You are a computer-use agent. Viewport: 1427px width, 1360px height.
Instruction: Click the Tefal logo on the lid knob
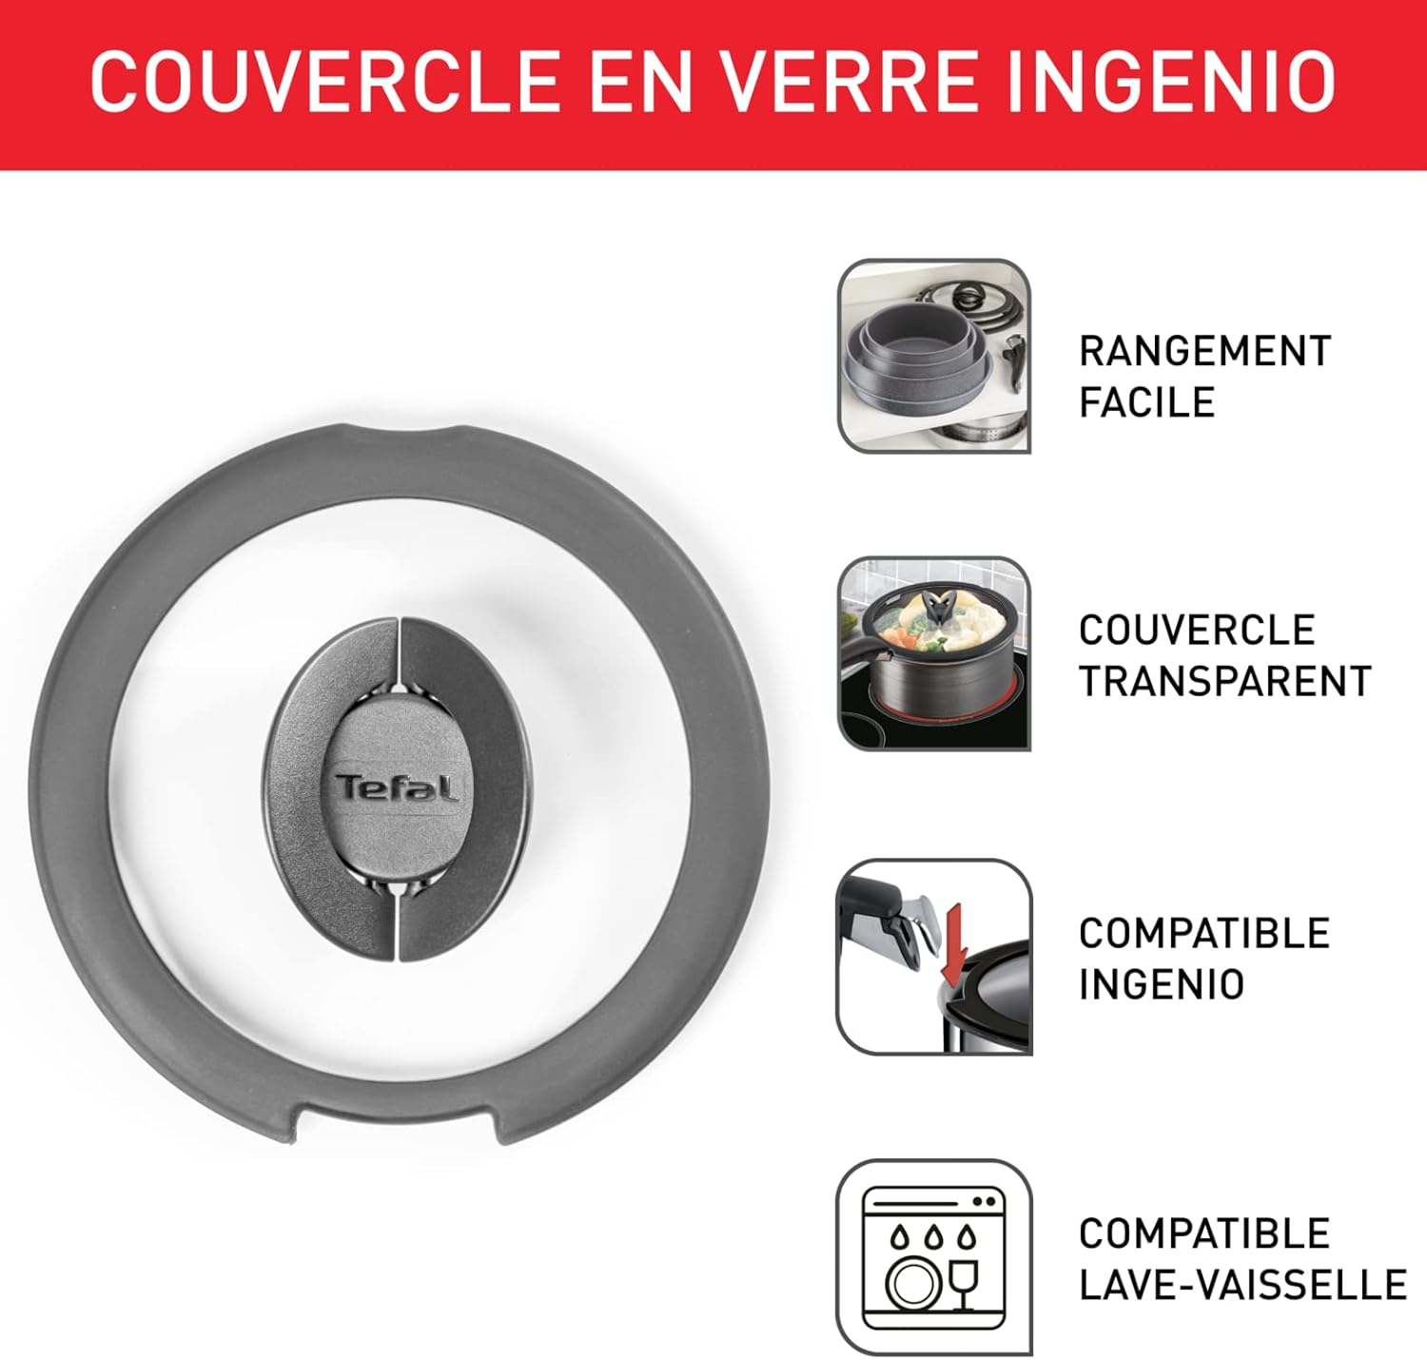396,788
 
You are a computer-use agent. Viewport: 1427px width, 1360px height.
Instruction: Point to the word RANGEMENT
1204,351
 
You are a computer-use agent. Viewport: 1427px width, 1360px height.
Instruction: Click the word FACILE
1146,402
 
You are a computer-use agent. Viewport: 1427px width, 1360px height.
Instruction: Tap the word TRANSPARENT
1224,681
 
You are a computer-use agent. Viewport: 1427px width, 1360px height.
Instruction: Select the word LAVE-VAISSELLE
1242,1285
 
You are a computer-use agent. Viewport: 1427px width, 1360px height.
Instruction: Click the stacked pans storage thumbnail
933,356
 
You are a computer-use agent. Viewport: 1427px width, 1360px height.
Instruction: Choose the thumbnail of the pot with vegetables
933,653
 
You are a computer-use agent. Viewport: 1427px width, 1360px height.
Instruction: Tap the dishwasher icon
933,1257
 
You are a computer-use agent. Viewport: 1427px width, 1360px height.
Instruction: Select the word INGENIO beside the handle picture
1161,984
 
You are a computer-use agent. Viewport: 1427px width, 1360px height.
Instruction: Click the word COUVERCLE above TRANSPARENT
1197,630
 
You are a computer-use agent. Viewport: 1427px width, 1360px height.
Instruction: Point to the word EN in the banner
640,82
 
